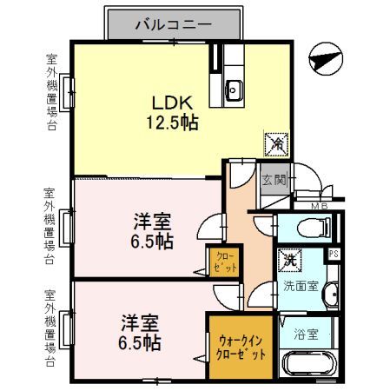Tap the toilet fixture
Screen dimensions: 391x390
(311, 229)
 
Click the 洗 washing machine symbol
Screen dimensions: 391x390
(287, 259)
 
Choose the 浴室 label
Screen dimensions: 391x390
(306, 332)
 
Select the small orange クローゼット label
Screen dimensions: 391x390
(224, 262)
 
